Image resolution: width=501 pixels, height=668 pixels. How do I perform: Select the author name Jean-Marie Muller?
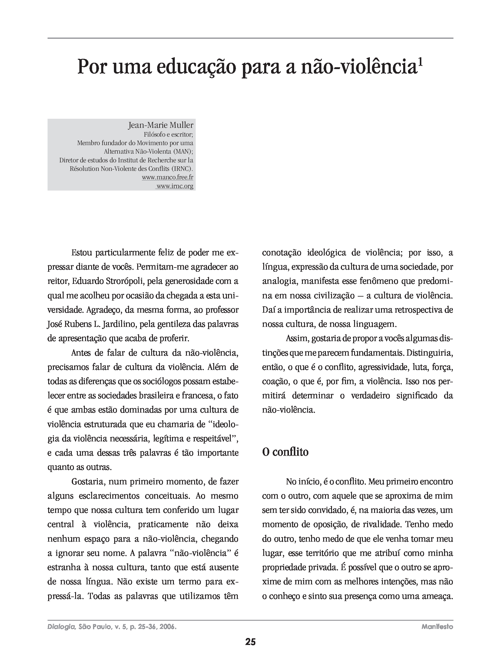tap(161, 125)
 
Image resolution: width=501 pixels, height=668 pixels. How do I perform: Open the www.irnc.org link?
tap(175, 186)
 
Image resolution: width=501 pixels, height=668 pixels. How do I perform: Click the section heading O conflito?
tap(285, 452)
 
